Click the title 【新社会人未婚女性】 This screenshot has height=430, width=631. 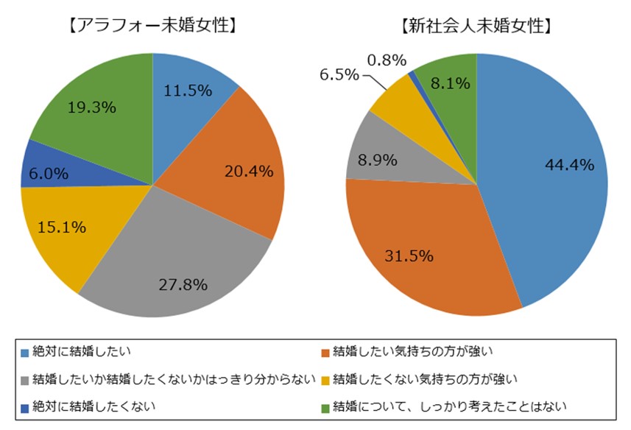(476, 27)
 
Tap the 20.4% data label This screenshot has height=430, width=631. (248, 171)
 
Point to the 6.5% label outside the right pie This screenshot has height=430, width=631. (339, 74)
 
